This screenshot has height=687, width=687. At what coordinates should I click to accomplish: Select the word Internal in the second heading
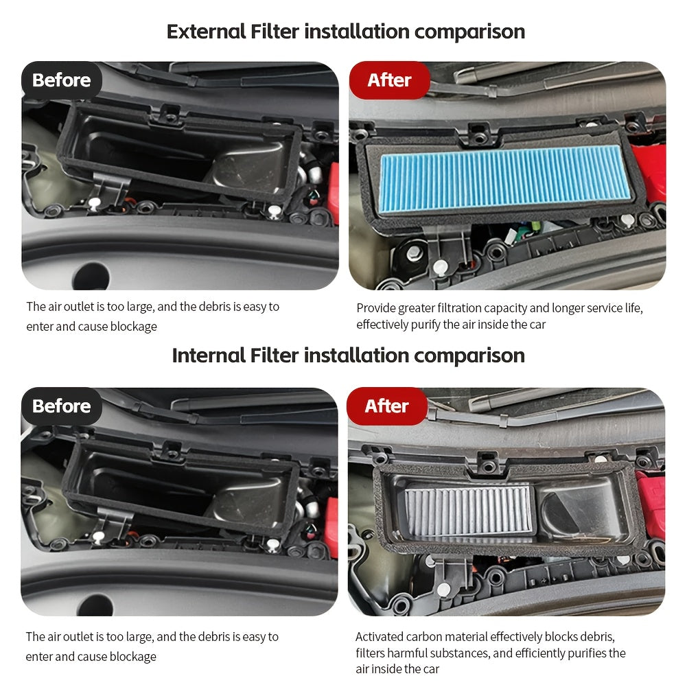[x=209, y=356]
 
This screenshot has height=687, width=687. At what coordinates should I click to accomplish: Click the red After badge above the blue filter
[x=389, y=80]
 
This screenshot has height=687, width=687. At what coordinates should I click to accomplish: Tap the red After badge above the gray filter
[x=387, y=406]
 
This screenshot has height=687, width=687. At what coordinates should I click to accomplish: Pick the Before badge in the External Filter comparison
[x=61, y=80]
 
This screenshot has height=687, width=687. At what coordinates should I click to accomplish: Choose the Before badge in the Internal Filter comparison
[x=61, y=406]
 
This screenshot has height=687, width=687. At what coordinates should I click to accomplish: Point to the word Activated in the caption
[x=381, y=637]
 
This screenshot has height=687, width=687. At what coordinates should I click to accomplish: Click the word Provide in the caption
[x=375, y=308]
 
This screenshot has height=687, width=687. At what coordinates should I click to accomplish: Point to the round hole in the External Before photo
[x=91, y=276]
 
